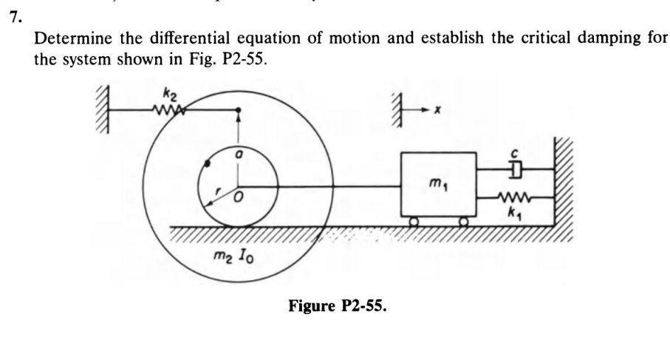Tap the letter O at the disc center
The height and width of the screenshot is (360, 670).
238,199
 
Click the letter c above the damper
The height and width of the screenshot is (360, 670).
516,153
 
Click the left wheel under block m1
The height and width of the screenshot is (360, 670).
414,220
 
